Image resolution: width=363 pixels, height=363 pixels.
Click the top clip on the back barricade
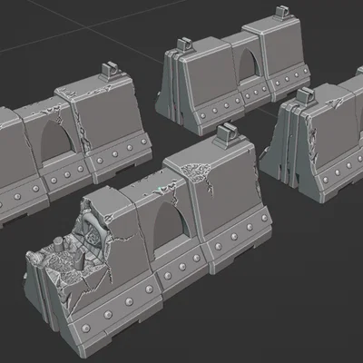pyautogui.click(x=184, y=43)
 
